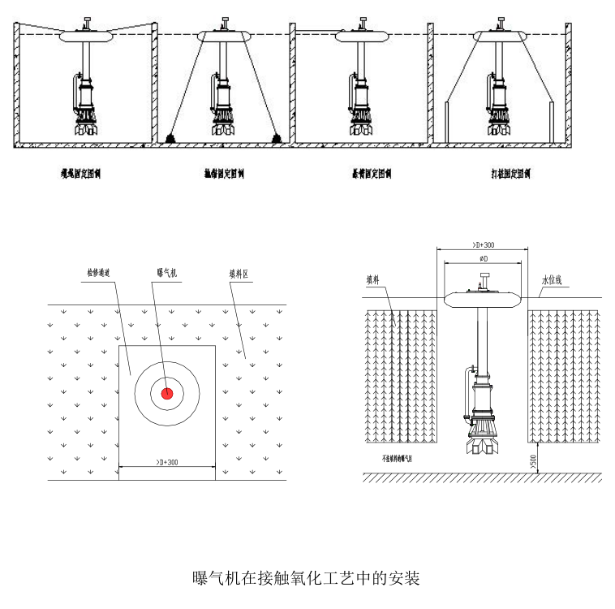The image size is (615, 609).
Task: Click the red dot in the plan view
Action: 167,393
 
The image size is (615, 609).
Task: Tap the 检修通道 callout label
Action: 101,274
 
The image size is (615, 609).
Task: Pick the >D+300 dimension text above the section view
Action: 484,244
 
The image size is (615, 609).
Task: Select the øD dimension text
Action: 484,258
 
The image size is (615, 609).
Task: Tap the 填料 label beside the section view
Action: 373,280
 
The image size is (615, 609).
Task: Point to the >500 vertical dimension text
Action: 533,461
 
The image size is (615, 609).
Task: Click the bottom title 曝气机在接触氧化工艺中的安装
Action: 306,578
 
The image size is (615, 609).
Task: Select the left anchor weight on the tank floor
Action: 172,139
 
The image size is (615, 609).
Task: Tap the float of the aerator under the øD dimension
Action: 484,298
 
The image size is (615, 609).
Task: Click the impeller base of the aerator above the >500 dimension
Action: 484,445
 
